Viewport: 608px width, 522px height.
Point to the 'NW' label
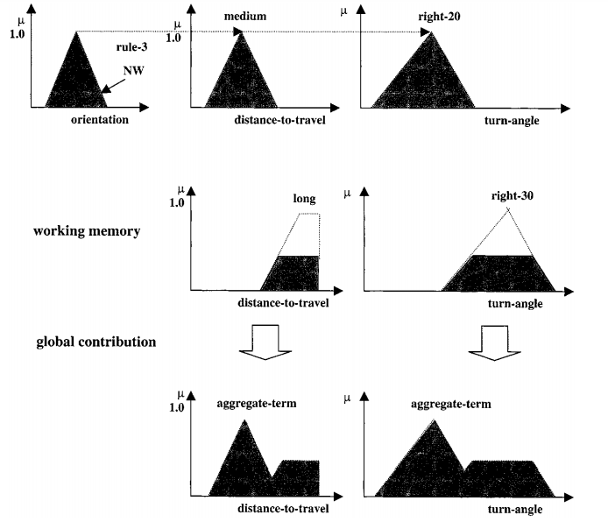[132, 76]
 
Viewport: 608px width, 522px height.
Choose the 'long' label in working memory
[303, 200]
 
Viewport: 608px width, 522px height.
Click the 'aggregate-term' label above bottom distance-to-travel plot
[254, 404]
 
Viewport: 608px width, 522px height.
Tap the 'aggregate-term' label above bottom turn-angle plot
[449, 404]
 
